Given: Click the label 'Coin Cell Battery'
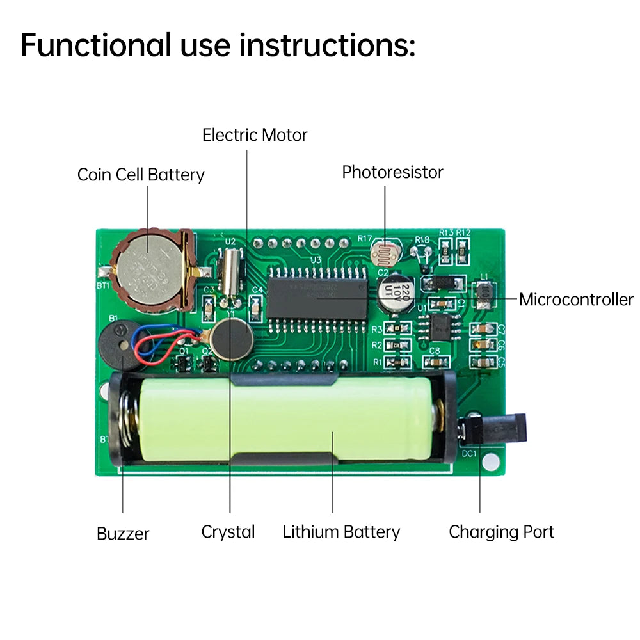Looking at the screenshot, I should (x=141, y=175).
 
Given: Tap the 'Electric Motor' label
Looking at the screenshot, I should (x=255, y=135).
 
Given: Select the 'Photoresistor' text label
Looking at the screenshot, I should (x=392, y=172).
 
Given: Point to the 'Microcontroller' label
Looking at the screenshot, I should (x=575, y=299).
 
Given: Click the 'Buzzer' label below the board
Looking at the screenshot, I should (x=123, y=533).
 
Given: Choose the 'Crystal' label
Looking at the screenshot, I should (x=228, y=532).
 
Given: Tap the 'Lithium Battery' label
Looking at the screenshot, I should (x=341, y=532).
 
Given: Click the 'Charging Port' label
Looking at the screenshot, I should (x=501, y=532).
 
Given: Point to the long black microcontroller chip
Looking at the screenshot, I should (x=317, y=298).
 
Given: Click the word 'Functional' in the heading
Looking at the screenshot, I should (x=96, y=45).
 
